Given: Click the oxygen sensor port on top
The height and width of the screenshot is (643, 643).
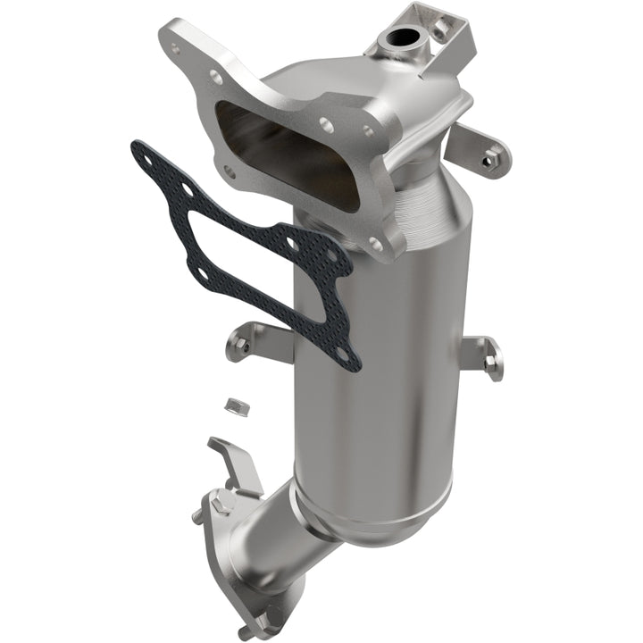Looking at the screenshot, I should point(399,39).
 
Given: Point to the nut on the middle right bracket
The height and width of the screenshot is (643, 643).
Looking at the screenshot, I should point(489,362).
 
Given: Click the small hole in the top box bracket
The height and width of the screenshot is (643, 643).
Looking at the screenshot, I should point(441,27).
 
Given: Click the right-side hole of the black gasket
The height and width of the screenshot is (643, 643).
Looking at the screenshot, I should point(332,255).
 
